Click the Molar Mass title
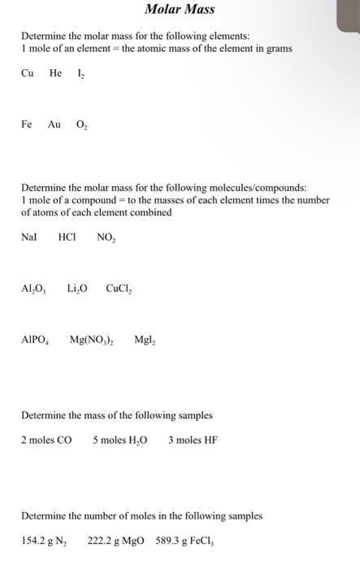pyautogui.click(x=180, y=10)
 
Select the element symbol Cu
pyautogui.click(x=28, y=72)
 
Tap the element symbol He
pyautogui.click(x=55, y=72)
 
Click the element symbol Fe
pyautogui.click(x=27, y=124)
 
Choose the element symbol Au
pyautogui.click(x=54, y=124)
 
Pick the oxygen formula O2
pyautogui.click(x=82, y=125)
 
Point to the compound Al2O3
pyautogui.click(x=34, y=289)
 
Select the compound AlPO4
pyautogui.click(x=36, y=341)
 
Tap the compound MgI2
pyautogui.click(x=146, y=341)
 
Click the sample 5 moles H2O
pyautogui.click(x=119, y=440)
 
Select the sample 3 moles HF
pyautogui.click(x=193, y=440)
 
